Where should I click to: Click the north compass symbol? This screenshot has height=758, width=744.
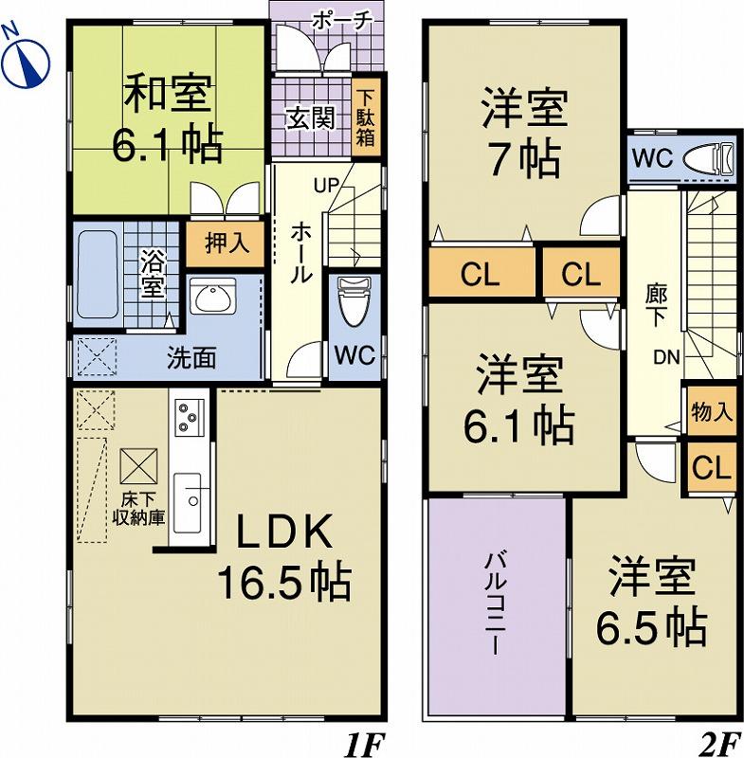coord(28,57)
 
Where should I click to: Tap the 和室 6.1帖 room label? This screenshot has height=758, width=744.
coord(167,118)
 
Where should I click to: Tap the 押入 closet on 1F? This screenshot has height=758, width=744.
coord(227,244)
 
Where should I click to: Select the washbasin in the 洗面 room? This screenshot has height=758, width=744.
coord(214,299)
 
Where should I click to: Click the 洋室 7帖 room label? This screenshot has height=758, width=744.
coord(522,133)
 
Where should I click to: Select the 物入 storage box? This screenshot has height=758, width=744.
coord(712,412)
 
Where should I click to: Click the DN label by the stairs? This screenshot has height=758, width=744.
coord(665,357)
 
